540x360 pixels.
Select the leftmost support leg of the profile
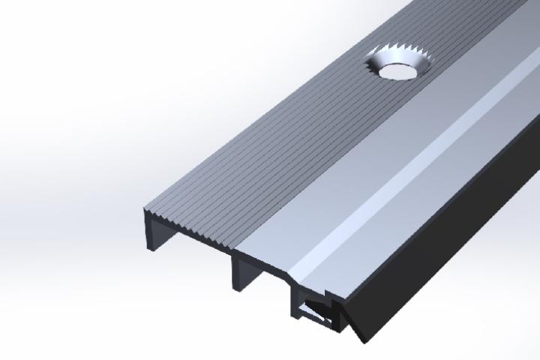coord(148,233)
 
